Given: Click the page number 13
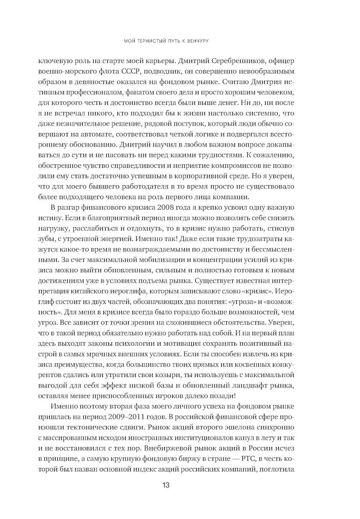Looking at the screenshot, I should coord(166,485).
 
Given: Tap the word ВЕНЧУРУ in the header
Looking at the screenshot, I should coord(197,41).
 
